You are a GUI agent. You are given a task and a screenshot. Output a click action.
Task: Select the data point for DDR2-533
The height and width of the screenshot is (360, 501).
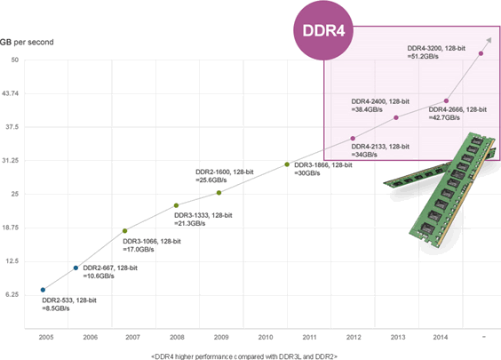43,290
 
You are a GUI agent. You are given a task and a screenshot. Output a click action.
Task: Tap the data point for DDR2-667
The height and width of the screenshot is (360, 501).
76,268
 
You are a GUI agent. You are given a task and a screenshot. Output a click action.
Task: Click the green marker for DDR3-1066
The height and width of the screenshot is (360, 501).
124,230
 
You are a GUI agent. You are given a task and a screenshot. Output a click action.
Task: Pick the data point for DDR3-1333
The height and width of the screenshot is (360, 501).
176,205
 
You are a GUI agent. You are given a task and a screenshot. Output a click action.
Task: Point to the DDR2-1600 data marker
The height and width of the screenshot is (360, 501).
219,192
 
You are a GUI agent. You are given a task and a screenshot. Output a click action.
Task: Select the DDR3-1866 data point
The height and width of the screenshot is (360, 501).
286,164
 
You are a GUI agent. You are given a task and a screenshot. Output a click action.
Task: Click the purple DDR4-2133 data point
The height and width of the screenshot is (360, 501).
353,139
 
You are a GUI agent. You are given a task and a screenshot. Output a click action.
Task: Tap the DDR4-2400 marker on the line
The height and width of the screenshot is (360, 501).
396,117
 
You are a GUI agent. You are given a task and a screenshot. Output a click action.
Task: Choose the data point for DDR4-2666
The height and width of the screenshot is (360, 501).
446,100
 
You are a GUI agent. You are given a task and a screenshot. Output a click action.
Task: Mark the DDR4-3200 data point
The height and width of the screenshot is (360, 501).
481,53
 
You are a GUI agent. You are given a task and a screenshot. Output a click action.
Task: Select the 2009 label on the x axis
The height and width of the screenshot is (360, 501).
220,338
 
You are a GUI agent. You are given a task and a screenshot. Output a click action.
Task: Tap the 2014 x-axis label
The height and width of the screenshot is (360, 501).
440,338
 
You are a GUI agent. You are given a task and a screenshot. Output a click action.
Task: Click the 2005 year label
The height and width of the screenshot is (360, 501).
44,338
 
